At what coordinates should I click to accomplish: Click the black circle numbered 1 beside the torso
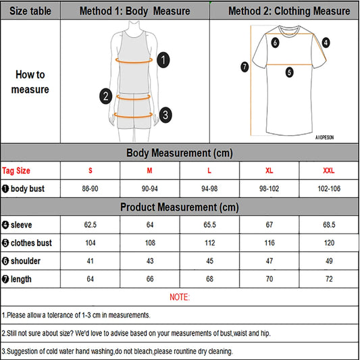point(163,60)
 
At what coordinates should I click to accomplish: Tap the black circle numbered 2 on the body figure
point(105,96)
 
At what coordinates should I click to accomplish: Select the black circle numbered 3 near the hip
point(165,115)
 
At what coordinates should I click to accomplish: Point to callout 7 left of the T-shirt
point(245,67)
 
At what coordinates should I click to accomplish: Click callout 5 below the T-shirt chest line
point(289,72)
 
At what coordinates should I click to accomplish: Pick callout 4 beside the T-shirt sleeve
point(326,43)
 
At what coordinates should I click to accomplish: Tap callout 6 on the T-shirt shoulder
point(275,43)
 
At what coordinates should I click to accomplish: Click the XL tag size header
point(269,171)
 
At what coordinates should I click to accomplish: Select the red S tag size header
point(91,171)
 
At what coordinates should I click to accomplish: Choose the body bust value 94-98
point(209,188)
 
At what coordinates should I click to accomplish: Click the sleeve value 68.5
point(329,225)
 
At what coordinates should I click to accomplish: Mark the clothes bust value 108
point(150,243)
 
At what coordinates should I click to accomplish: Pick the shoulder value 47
point(269,261)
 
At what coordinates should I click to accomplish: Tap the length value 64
point(91,279)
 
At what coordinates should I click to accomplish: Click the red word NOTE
point(180,297)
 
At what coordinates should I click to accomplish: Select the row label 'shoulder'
point(26,261)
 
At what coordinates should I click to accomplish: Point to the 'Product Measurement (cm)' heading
point(180,207)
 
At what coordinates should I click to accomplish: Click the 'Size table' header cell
point(30,11)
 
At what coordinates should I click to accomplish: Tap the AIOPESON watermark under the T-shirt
point(324,138)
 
